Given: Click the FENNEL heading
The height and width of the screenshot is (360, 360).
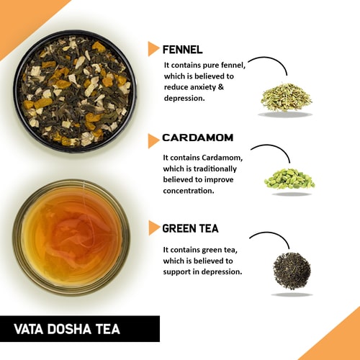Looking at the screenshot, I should (183, 50).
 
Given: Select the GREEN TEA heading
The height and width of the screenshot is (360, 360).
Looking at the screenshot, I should (190, 229).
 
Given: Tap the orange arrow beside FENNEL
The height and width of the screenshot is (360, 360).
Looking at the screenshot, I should (153, 49).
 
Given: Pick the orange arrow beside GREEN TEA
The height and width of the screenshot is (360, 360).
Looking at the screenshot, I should (153, 228).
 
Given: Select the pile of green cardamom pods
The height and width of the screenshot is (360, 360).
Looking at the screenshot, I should (289, 179).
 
